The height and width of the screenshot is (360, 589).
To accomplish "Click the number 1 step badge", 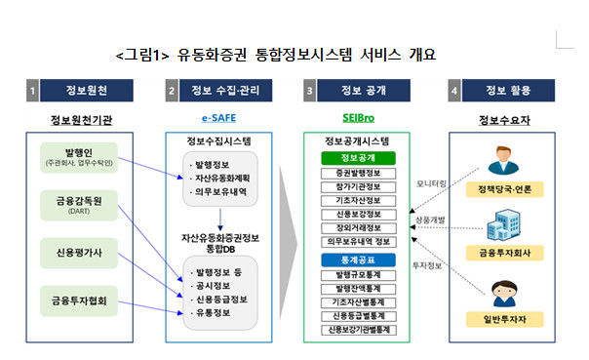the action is click(33, 92).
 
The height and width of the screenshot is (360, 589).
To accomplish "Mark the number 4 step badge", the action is click(454, 92).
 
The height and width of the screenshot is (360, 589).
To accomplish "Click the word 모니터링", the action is click(432, 181).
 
